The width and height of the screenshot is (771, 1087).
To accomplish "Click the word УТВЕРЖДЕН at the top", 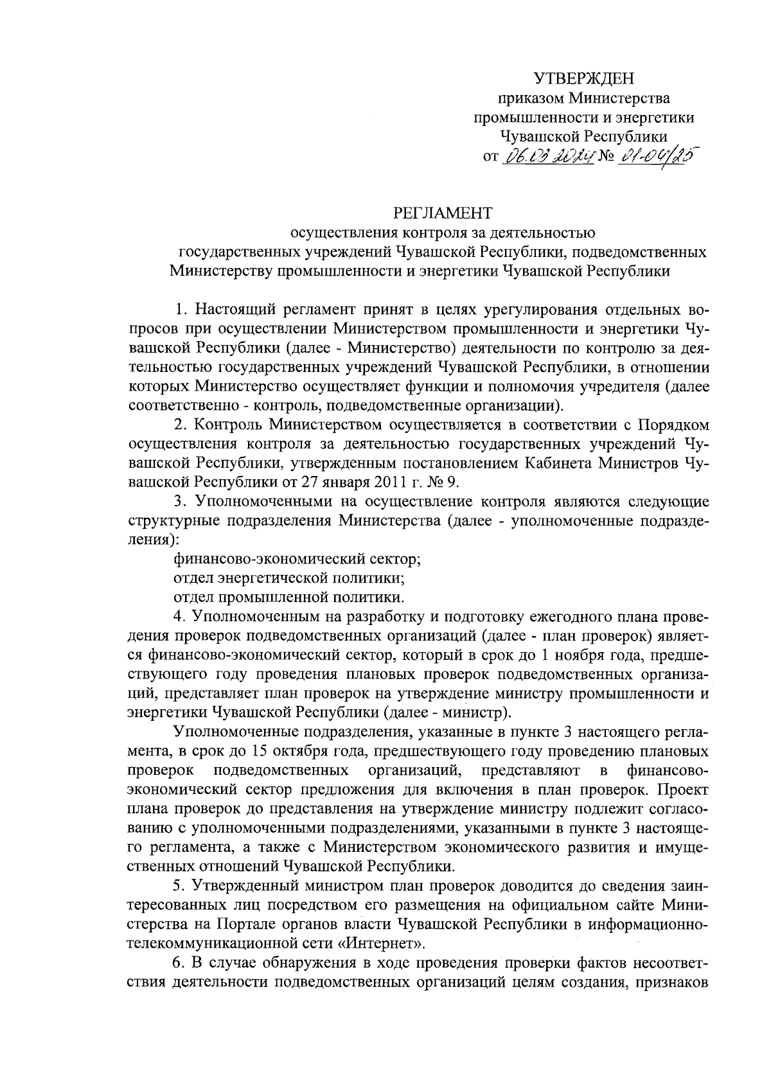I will click(584, 79).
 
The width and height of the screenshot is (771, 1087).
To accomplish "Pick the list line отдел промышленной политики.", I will click(288, 596).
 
